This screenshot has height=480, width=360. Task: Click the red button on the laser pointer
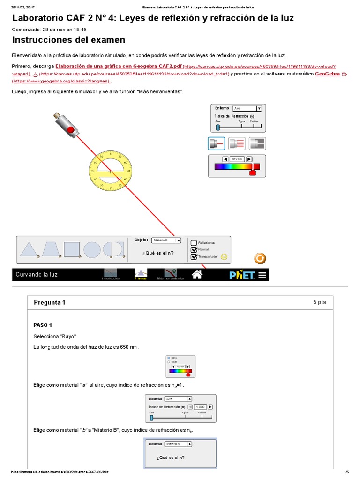pos(71,129)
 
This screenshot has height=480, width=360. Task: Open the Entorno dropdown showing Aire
pos(247,108)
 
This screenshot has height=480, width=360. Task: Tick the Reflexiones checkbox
pos(194,243)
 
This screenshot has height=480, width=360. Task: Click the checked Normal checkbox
pos(194,250)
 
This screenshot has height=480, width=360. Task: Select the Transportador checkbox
pos(194,257)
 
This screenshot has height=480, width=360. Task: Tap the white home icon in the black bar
pos(197,275)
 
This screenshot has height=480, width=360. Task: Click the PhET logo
pos(242,275)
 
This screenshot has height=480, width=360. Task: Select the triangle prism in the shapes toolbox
pos(29,249)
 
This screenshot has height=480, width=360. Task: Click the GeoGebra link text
pos(328,74)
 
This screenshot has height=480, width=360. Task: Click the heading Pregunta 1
pos(50,303)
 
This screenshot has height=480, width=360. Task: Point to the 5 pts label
pos(319,303)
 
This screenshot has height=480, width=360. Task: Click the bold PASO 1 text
pos(43,325)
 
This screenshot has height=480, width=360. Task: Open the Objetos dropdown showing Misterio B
pos(166,240)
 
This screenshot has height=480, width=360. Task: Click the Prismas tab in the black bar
pos(141,275)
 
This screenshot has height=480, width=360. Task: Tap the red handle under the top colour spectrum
pos(253,172)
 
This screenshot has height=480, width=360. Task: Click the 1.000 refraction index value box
pos(200,407)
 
